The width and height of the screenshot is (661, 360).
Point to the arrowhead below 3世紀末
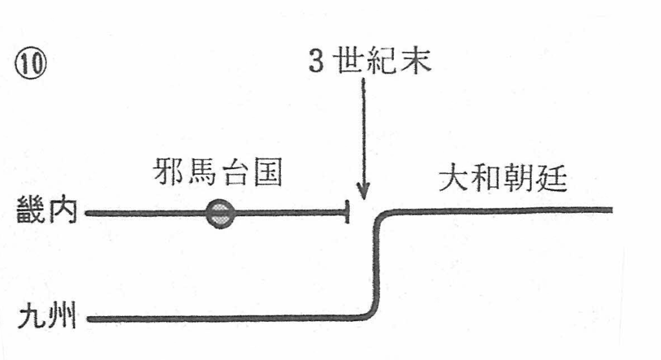click(363, 193)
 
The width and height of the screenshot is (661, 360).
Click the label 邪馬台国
click(218, 174)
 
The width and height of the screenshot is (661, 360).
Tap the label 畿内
click(46, 212)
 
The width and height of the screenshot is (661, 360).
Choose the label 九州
click(46, 317)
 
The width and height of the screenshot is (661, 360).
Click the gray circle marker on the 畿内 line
click(219, 213)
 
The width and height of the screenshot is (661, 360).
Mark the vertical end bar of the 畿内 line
click(348, 212)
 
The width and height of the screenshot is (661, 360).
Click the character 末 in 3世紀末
click(416, 62)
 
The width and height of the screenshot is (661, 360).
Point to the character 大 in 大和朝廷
click(453, 181)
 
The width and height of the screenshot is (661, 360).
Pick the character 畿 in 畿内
click(31, 212)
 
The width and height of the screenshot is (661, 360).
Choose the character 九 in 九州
click(31, 317)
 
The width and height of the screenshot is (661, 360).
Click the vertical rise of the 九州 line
click(375, 265)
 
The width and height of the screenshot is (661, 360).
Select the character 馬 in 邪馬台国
click(202, 174)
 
